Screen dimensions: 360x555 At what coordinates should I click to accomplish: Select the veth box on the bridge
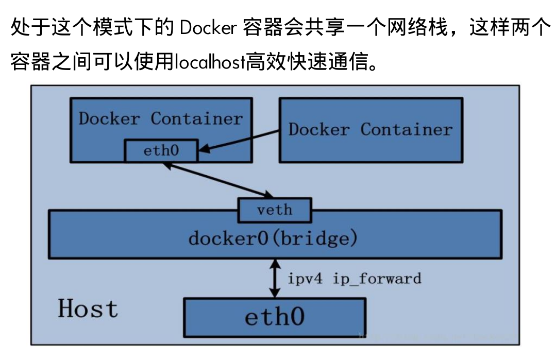coord(274,210)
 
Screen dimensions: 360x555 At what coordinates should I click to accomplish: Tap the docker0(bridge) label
coord(273,238)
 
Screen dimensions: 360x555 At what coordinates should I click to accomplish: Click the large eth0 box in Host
coord(274,316)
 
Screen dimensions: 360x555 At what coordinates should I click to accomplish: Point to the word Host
coord(88,309)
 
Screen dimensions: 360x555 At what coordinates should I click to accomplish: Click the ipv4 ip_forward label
coord(354,279)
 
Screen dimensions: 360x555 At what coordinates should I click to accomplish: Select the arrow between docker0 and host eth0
coord(275,278)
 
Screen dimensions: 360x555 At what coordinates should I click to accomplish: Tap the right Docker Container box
coord(370,129)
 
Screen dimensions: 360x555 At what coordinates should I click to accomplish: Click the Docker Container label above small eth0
coord(160,119)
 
